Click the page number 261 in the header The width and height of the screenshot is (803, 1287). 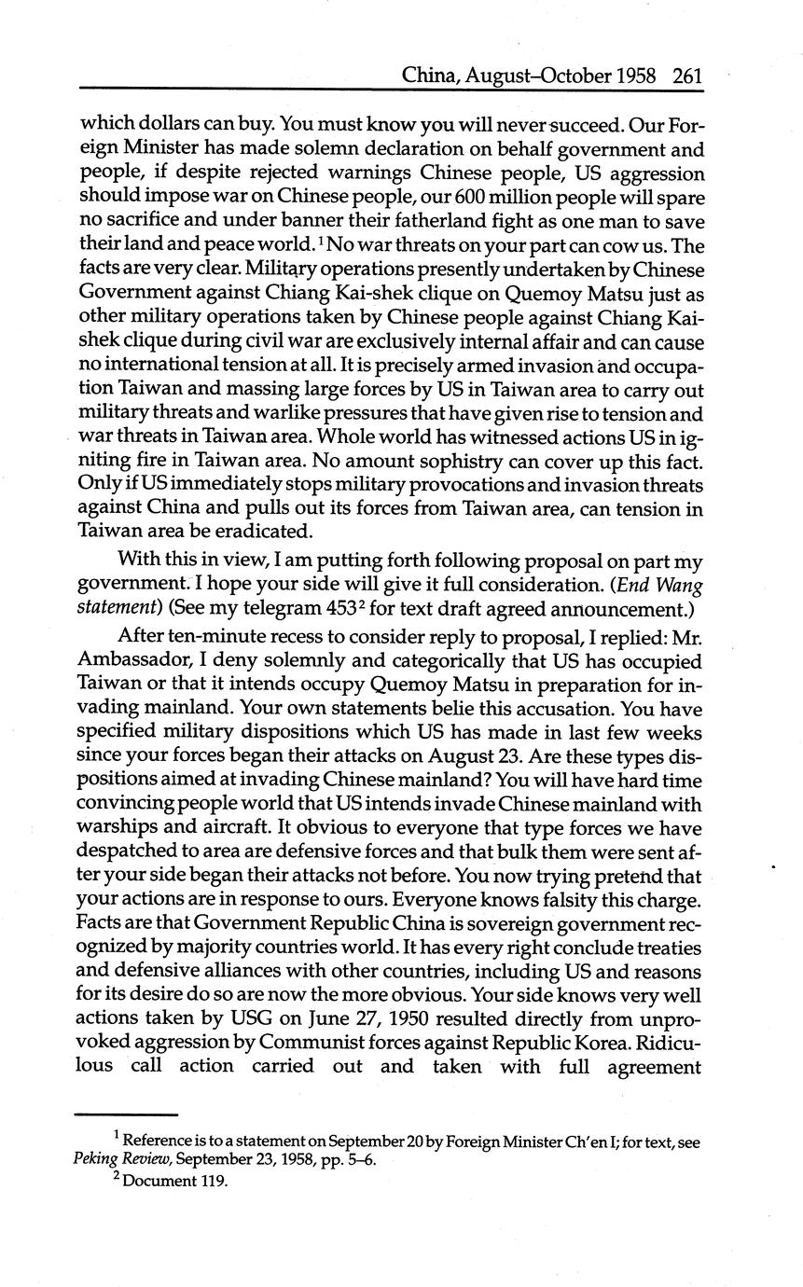tap(685, 75)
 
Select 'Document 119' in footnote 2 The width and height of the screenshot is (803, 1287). tap(174, 1182)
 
